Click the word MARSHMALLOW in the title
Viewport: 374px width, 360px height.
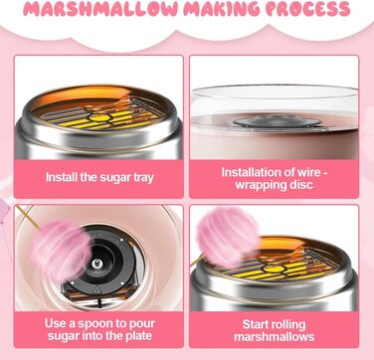point(100,9)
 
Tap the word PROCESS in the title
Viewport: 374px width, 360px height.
point(308,9)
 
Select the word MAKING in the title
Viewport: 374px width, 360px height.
point(222,9)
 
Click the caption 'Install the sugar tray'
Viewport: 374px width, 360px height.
point(99,177)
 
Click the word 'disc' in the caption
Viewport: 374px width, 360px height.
point(301,185)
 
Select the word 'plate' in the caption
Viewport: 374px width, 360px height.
point(137,336)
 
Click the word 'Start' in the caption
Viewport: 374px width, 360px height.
point(256,324)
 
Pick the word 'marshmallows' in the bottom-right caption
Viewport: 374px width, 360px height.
point(275,337)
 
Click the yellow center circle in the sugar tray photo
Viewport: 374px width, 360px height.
point(96,117)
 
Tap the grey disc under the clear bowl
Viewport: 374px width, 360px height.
point(277,121)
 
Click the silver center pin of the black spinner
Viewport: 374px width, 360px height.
point(96,264)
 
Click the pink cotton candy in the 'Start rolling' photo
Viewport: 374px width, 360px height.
point(228,236)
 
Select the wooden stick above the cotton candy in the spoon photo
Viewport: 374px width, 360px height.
point(28,217)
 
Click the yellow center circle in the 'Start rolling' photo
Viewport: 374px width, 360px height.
point(274,269)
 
